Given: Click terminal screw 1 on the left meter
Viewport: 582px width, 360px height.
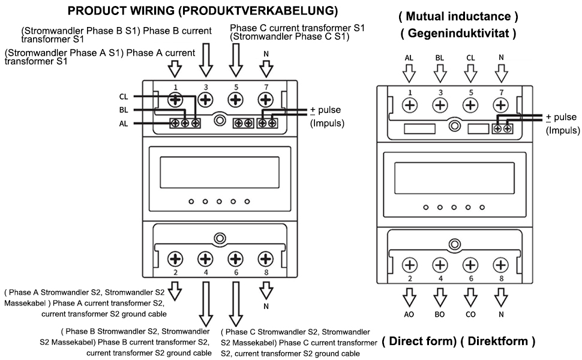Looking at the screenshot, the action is point(175,100).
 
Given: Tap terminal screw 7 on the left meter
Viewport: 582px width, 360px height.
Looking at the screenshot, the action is point(265,100).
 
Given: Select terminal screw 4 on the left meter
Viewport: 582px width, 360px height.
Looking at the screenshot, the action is point(205,259).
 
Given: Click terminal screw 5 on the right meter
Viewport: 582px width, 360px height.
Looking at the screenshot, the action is point(470,106).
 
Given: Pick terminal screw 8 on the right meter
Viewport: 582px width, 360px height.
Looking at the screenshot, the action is point(501,265).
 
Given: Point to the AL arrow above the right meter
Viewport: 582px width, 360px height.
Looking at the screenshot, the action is point(409,73).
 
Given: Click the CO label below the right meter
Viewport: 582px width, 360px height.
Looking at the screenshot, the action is point(470,314).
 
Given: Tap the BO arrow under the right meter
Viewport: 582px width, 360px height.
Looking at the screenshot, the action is point(440,298).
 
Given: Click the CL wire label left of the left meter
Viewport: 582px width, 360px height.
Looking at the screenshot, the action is point(124,97).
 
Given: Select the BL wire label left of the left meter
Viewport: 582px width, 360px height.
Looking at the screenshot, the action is point(124,110).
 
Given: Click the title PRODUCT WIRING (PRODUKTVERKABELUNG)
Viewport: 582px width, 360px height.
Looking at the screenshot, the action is point(203,11).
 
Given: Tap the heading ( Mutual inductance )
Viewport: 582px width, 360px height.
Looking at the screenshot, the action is point(458,16).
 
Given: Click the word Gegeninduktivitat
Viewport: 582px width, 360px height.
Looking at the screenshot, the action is point(458,34).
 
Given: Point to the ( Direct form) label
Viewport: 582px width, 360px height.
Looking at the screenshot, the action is point(419,341).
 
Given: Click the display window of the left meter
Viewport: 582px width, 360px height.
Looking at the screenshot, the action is point(220,172).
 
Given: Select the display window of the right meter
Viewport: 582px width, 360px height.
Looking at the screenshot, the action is point(454,178).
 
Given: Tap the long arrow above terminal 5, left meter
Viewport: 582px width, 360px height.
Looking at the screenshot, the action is point(236,60).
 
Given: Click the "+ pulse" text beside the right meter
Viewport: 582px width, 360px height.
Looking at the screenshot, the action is point(561,117).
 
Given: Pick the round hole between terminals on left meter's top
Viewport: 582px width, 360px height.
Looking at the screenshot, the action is point(220,121).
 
